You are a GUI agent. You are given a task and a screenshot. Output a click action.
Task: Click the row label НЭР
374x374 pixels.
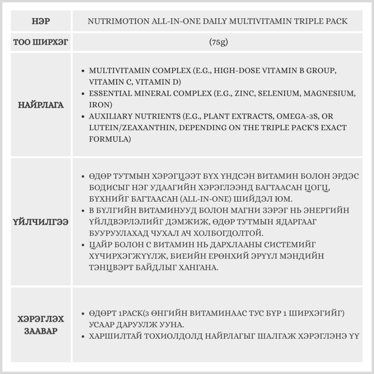point(41,21)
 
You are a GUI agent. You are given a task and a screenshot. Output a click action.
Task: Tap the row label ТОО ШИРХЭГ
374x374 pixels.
point(41,42)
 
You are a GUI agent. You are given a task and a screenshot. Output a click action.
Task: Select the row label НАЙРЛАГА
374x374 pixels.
point(41,105)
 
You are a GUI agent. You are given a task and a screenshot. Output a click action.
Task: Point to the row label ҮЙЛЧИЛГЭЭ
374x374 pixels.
point(41,222)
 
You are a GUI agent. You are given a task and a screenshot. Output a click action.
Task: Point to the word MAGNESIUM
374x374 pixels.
point(327,93)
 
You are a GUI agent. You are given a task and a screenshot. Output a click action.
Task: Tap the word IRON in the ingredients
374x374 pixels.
point(98,105)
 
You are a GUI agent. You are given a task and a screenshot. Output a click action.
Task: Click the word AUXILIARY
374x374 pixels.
point(111,116)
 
